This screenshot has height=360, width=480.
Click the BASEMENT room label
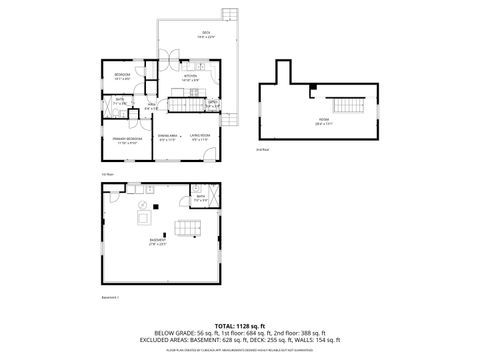pos(158,241)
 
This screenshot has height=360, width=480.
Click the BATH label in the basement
pos(200,198)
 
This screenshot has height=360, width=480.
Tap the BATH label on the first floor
pos(119,99)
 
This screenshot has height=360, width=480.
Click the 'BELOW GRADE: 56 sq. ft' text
pos(180,333)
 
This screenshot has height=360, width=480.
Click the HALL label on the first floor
pos(152,105)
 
